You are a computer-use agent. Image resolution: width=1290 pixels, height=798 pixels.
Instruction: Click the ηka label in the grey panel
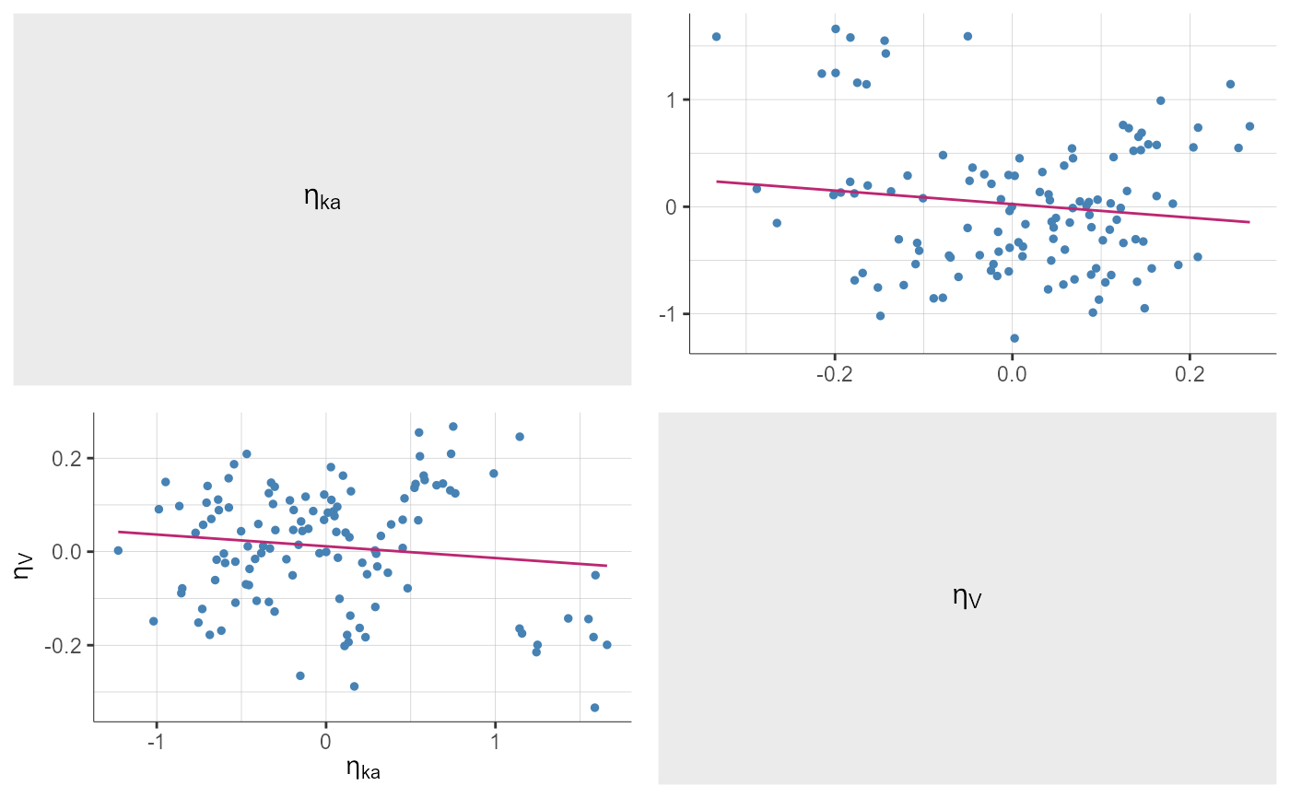(322, 198)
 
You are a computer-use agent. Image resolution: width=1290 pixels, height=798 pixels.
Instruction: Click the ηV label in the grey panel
(967, 598)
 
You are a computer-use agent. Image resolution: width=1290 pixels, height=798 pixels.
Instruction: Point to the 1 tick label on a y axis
(673, 100)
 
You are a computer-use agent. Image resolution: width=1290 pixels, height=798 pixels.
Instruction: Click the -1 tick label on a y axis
(669, 314)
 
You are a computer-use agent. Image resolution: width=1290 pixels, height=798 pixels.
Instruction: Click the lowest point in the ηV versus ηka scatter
(594, 708)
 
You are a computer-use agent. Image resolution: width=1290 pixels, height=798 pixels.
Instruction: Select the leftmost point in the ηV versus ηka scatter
(118, 550)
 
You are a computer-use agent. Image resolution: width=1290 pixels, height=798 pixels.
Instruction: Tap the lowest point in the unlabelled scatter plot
(1014, 338)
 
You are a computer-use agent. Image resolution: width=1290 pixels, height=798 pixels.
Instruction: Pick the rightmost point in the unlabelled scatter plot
(1249, 126)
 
